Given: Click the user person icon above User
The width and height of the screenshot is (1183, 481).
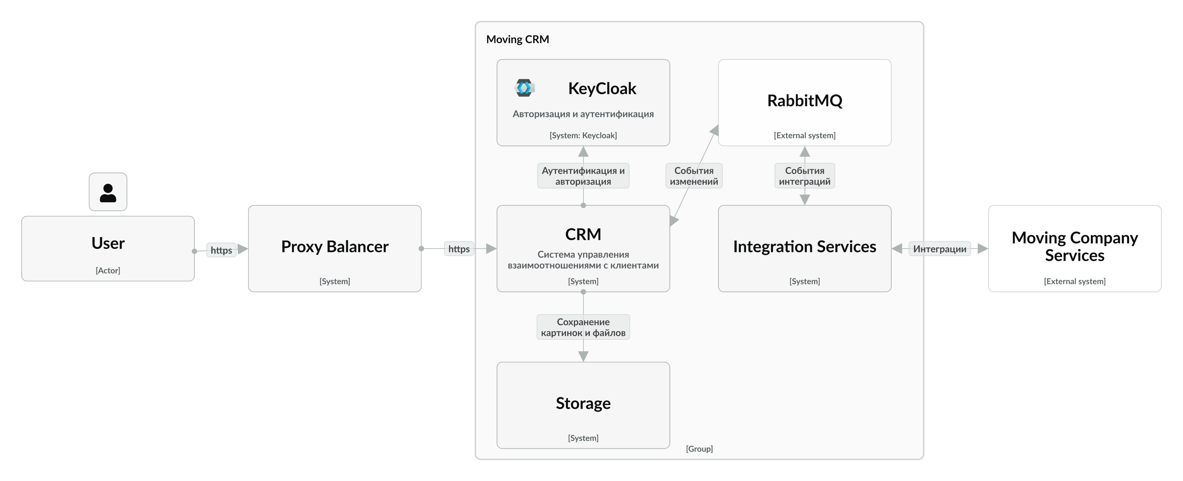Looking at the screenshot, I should coord(108,192).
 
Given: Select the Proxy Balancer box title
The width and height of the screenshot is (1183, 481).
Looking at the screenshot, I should coord(334,247).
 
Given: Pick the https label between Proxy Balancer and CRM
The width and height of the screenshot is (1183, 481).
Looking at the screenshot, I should coord(459,249).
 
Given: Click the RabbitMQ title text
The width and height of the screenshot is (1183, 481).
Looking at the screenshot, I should coord(804,101).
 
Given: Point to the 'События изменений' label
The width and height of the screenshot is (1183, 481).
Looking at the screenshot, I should coord(693,176).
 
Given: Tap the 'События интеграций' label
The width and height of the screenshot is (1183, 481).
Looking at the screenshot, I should coord(804,176).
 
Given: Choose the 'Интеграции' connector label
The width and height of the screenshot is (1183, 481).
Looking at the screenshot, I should coord(939,249).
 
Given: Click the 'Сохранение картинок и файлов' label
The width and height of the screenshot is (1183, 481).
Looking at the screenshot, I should coord(583,327).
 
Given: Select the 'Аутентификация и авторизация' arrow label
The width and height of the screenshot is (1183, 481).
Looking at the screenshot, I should coord(583,176).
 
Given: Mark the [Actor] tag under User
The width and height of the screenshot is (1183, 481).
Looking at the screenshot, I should coord(108,270).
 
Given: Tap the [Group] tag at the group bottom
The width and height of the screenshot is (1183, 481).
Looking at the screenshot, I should coord(699,448).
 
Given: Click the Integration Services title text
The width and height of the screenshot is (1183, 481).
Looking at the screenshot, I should coord(804,247).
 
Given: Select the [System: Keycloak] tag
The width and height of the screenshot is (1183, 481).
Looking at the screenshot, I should coord(583,135).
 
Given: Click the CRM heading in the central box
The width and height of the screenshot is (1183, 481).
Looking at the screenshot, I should coord(583,234).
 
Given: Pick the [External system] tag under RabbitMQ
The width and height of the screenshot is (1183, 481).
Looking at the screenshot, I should coord(804,135).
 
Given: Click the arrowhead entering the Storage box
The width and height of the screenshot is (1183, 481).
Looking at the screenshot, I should coord(583,357).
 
